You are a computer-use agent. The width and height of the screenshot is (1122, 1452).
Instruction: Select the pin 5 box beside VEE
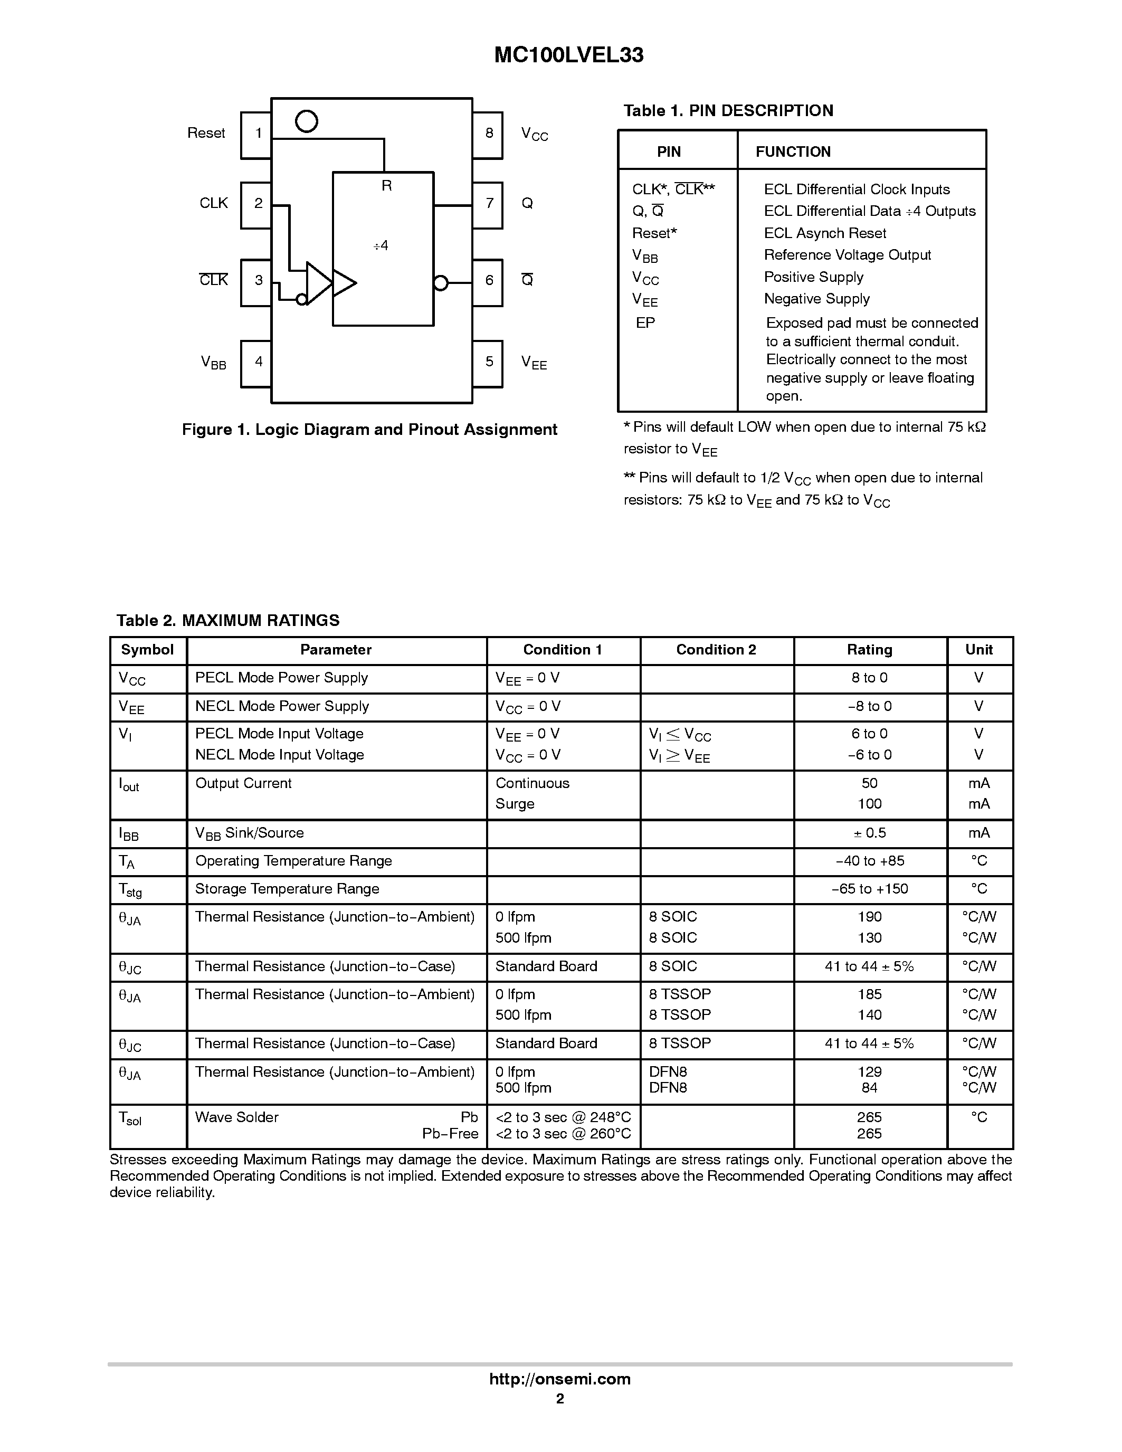(488, 364)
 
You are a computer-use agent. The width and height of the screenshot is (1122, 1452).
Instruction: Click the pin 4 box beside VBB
(256, 364)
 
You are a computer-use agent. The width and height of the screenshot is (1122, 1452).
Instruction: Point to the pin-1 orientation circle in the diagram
(307, 122)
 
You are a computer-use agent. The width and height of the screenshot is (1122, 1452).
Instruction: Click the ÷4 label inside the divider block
(381, 246)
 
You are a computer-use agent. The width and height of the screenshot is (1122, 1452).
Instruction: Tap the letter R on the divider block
(386, 186)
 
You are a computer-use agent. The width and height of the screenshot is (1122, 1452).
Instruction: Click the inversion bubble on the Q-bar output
(441, 283)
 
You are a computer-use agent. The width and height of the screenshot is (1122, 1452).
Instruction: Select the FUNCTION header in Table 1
(793, 151)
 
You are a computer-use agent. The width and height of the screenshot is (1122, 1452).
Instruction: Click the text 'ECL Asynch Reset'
(825, 233)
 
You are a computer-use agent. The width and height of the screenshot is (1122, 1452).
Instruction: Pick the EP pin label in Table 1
(645, 323)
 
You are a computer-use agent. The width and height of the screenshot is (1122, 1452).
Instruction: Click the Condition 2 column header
(716, 650)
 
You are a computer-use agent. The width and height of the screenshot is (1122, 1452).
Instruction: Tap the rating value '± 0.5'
(869, 833)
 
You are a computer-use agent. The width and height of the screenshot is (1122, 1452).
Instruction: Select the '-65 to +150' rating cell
(869, 889)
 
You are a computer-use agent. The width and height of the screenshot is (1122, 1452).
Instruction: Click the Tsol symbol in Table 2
(130, 1118)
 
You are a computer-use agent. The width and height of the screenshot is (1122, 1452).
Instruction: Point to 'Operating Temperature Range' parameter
(293, 861)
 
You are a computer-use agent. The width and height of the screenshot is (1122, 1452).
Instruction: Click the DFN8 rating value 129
(869, 1071)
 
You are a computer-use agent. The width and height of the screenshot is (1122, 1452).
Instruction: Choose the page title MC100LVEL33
(569, 55)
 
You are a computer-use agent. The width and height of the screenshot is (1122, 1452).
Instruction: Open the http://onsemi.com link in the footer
(559, 1379)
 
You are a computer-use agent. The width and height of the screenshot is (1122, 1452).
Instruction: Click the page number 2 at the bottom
(559, 1399)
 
